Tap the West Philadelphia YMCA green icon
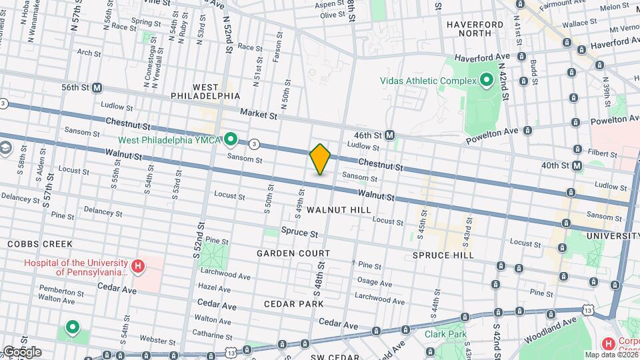[231, 139]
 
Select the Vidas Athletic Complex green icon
[487, 81]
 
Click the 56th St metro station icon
[97, 87]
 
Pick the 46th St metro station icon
[390, 135]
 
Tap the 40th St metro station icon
[577, 165]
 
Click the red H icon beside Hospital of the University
[137, 267]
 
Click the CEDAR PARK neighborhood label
[293, 303]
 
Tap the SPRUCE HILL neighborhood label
[443, 255]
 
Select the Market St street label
[259, 115]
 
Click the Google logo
[21, 351]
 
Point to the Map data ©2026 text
[612, 355]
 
